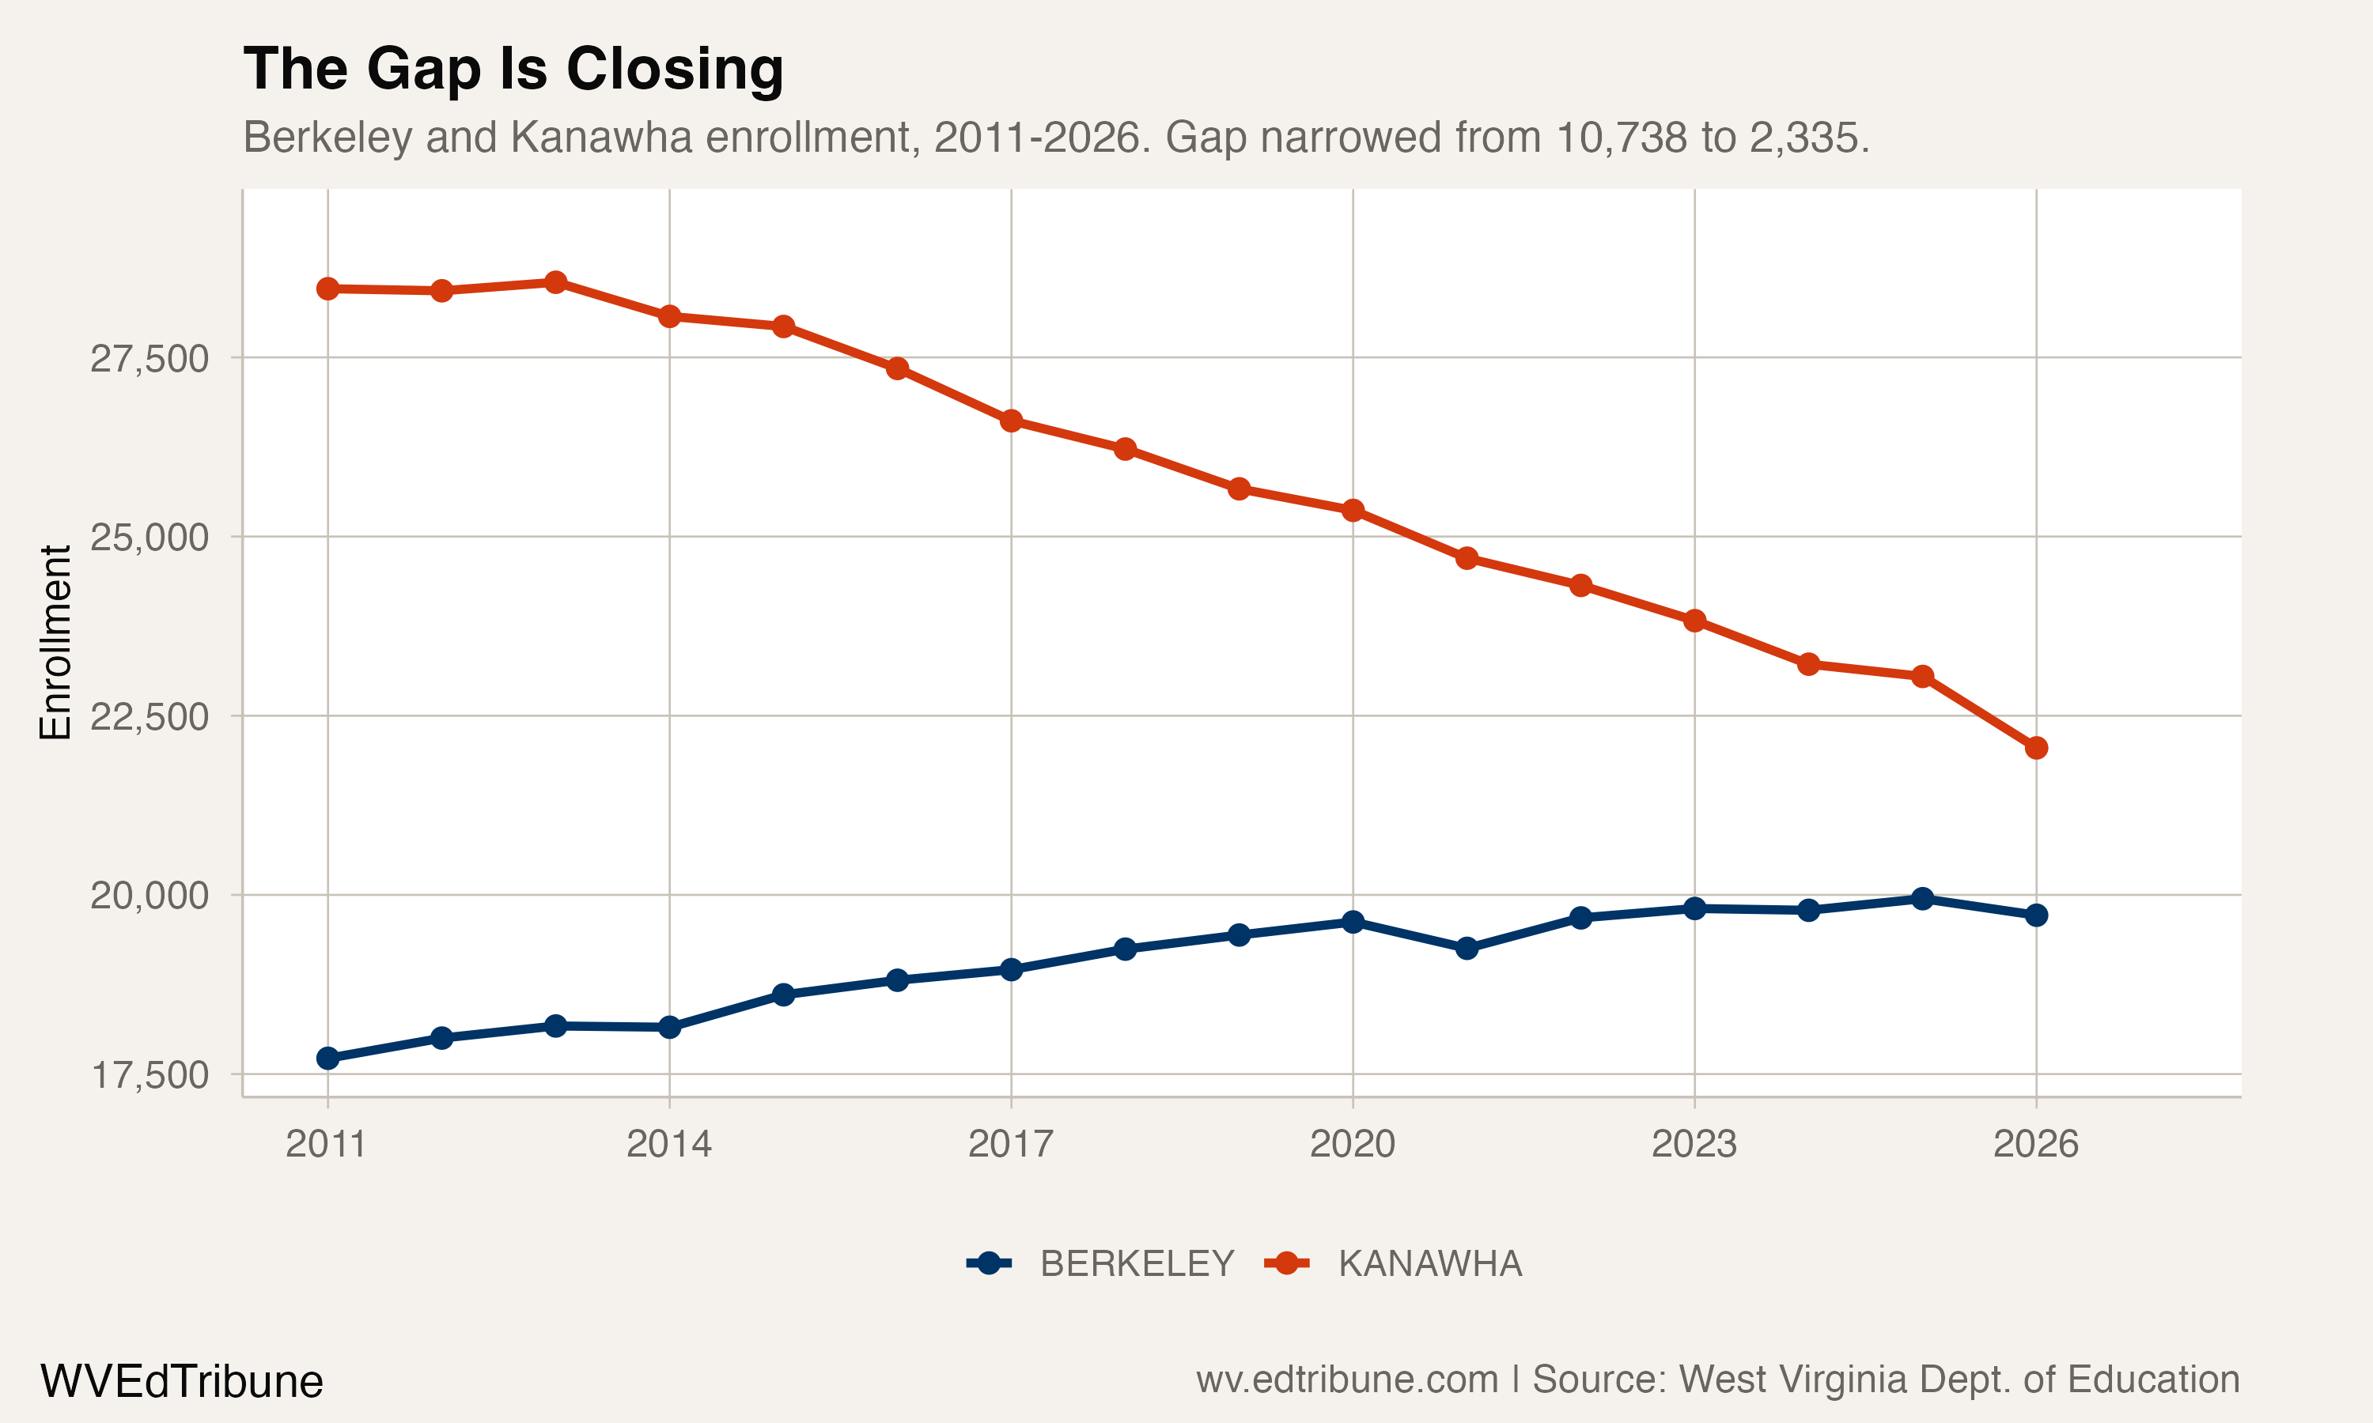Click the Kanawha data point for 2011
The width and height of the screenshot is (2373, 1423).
click(x=328, y=289)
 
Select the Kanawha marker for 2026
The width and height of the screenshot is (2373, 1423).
click(x=2035, y=748)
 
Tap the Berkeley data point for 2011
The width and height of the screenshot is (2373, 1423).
click(x=328, y=1059)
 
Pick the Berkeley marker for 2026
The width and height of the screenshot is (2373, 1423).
click(x=2035, y=915)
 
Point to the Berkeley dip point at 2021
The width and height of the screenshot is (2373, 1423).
click(x=1467, y=949)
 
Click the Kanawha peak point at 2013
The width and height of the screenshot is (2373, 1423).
click(x=555, y=282)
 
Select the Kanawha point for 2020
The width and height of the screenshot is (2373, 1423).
click(x=1353, y=510)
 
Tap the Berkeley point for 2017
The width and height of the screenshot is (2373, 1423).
click(x=1011, y=969)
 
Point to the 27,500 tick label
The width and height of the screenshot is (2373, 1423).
click(x=149, y=359)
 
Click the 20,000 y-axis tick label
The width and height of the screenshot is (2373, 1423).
click(x=149, y=896)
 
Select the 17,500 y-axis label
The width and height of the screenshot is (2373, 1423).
click(x=149, y=1076)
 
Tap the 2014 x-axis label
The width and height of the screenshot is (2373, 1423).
click(x=668, y=1144)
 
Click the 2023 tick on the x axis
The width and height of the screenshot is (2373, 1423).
click(x=1694, y=1144)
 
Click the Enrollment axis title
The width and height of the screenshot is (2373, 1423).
click(x=55, y=643)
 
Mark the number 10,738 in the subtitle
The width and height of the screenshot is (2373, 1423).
click(x=1621, y=138)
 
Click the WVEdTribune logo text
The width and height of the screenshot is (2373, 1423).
click(x=181, y=1382)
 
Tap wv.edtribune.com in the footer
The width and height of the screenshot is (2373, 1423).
click(x=1347, y=1380)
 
